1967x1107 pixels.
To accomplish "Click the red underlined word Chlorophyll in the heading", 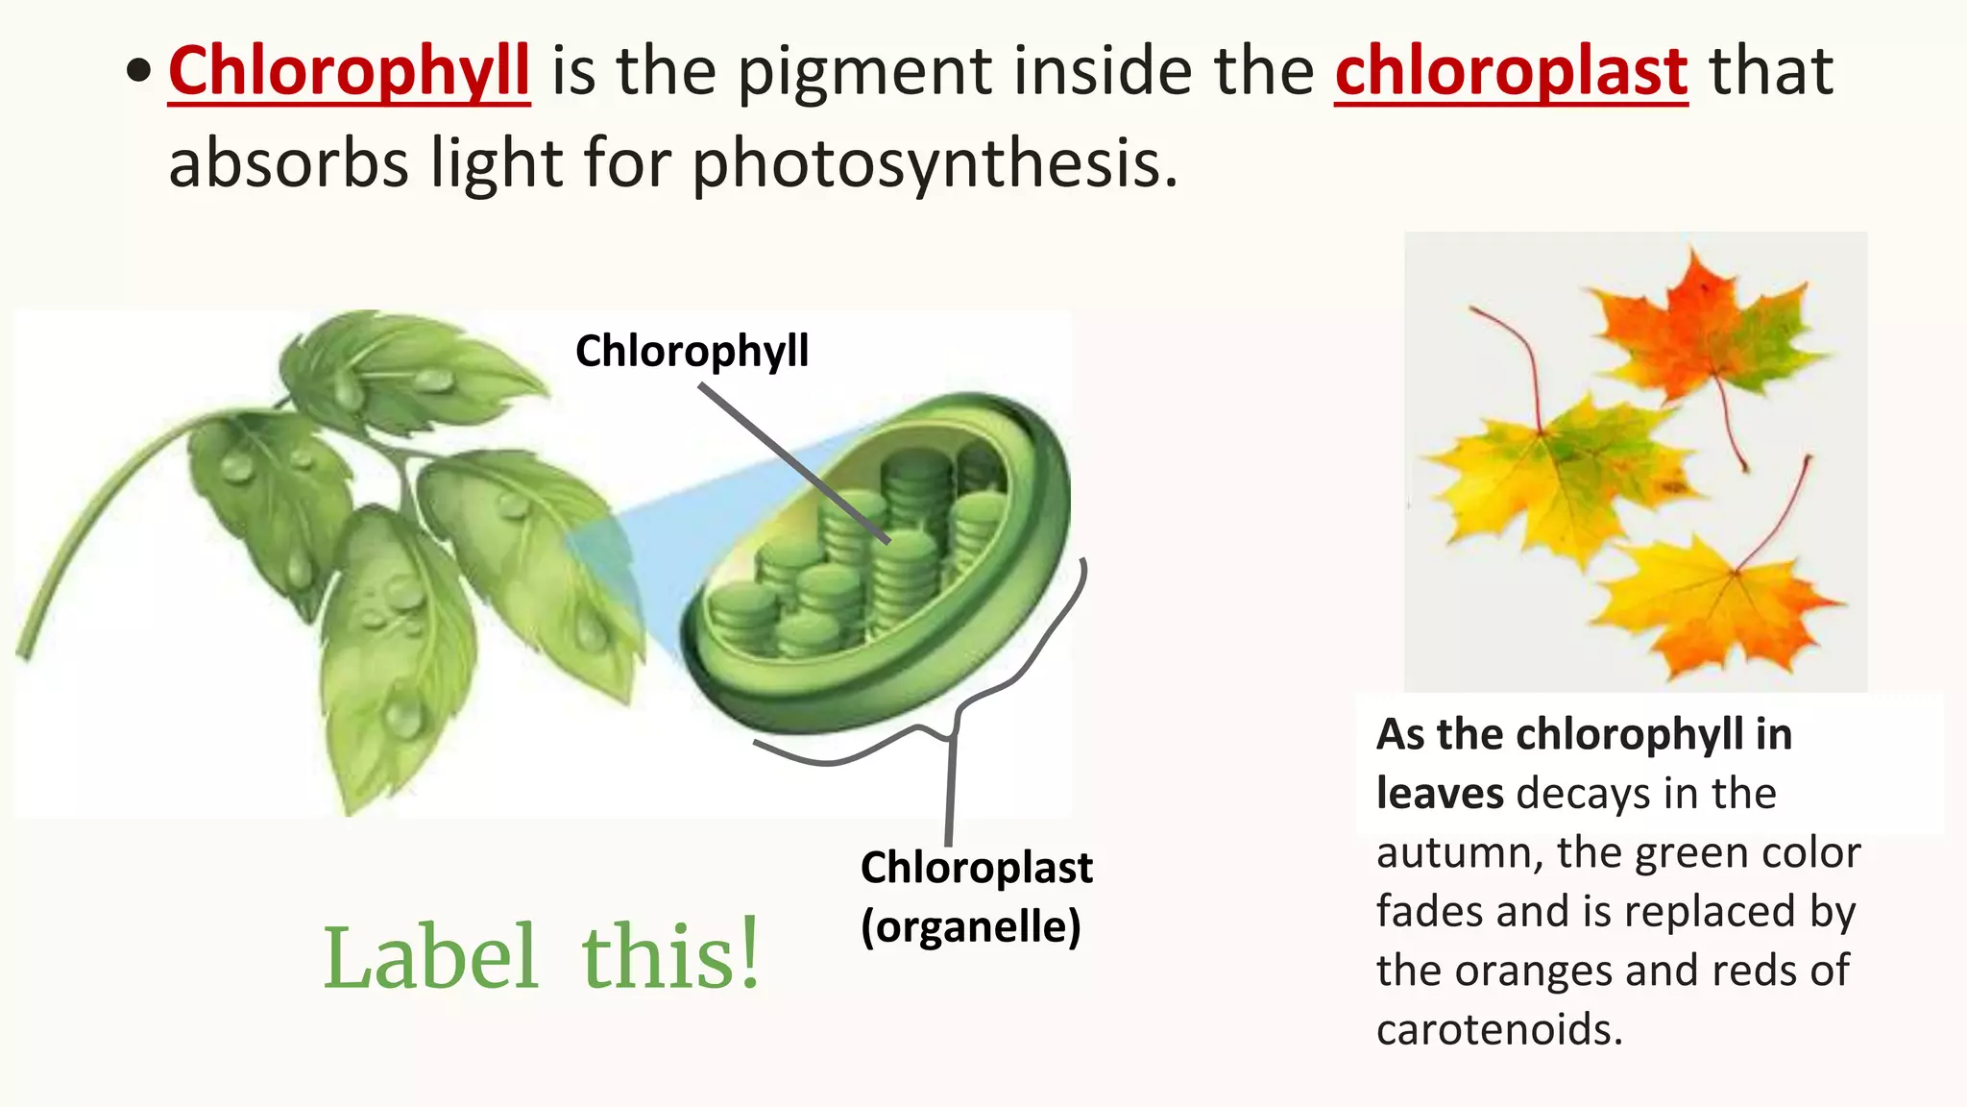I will [x=349, y=72].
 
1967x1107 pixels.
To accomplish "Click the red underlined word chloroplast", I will [x=1511, y=72].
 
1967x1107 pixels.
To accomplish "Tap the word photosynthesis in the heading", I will [x=934, y=163].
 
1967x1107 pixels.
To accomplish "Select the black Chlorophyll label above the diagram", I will [x=692, y=351].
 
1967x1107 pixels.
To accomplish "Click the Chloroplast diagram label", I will [x=976, y=868].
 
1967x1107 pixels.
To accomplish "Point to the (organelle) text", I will [x=970, y=926].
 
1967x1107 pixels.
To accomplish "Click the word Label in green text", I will [x=429, y=957].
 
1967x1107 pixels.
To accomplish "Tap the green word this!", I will [x=670, y=955].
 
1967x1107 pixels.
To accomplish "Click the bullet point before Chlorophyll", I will [x=139, y=71].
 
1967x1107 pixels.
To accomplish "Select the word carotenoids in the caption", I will [x=1498, y=1029].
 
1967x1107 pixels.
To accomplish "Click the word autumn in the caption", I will [x=1459, y=852].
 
